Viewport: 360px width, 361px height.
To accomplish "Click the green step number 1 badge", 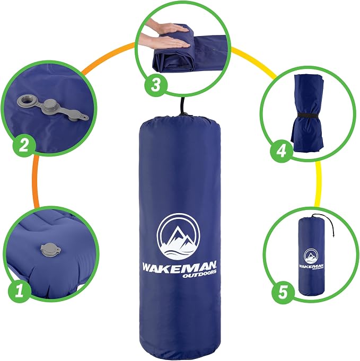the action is [x=19, y=290].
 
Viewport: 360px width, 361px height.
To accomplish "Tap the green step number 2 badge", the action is [x=24, y=145].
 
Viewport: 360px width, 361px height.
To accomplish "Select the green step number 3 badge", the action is [x=156, y=85].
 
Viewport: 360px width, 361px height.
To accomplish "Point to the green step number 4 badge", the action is [x=282, y=152].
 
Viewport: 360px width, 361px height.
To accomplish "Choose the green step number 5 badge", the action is [x=283, y=292].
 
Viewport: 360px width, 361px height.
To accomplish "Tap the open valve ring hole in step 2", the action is [x=24, y=100].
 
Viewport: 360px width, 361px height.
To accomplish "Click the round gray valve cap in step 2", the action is [x=50, y=105].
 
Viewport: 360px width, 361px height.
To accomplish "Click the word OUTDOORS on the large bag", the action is [x=199, y=274].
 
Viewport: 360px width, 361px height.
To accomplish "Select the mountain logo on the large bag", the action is [x=179, y=236].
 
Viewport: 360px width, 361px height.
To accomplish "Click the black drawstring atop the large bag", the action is [x=184, y=107].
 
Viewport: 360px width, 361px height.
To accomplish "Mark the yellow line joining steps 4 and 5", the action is [x=318, y=183].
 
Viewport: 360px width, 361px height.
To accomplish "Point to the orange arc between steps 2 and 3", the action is [x=107, y=55].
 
